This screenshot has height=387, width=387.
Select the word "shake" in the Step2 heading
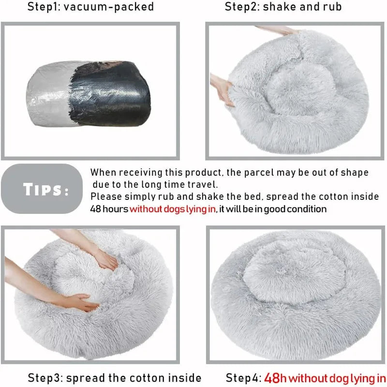tap(279, 7)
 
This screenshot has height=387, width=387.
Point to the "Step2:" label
tap(243, 7)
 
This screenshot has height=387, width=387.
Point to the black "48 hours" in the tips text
tap(109, 209)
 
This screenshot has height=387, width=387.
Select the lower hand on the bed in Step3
tap(80, 303)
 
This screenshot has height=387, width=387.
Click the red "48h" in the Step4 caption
tap(276, 377)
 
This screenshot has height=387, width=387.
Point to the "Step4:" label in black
tap(243, 377)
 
